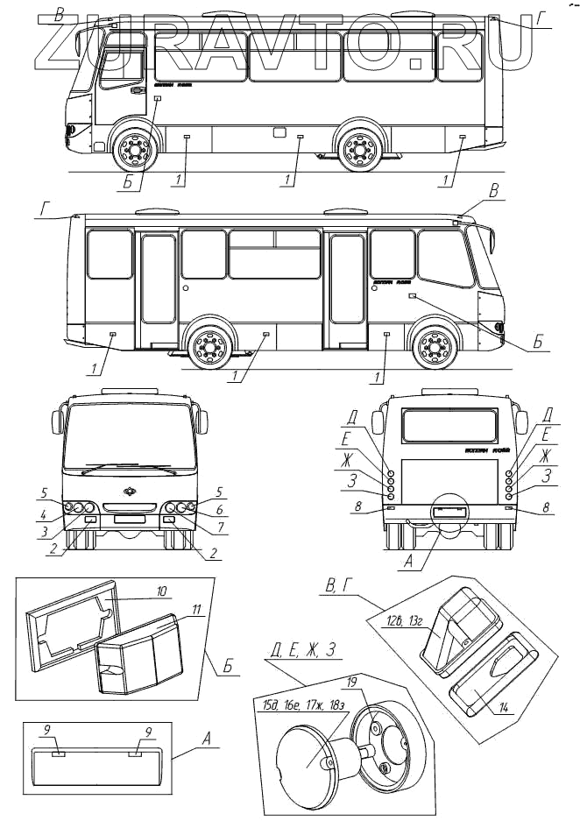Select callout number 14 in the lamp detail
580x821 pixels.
pos(501,709)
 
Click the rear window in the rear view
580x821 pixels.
pos(446,424)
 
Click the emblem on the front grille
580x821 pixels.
pos(131,491)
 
